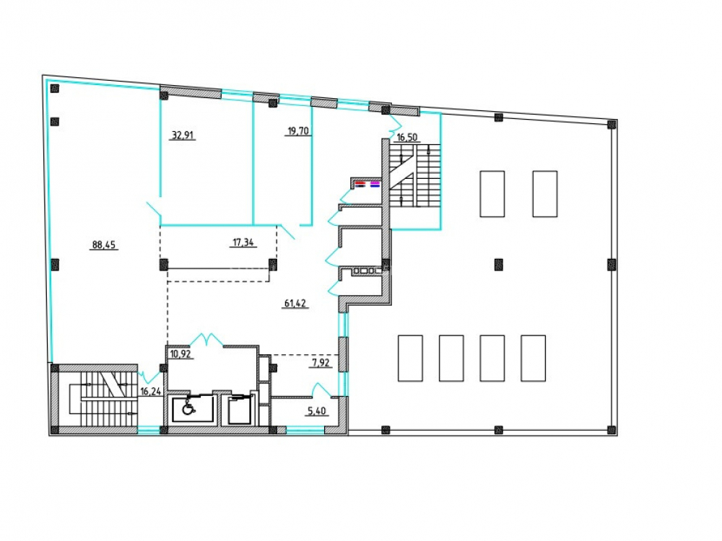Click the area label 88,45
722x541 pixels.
click(x=103, y=245)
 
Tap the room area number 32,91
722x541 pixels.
click(x=183, y=136)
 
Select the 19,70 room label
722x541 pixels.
click(x=298, y=131)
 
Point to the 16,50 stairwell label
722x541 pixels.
click(x=407, y=137)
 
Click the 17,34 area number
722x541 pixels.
click(x=243, y=242)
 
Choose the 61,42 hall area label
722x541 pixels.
click(x=295, y=303)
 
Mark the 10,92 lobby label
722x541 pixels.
click(x=180, y=354)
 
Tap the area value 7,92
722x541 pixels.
click(x=321, y=363)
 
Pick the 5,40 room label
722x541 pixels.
click(x=317, y=411)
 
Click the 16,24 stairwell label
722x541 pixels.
click(x=151, y=392)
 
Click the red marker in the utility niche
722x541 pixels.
click(x=360, y=183)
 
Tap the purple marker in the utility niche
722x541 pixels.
click(x=375, y=183)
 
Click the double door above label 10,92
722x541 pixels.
click(x=206, y=340)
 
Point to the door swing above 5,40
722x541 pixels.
click(x=321, y=390)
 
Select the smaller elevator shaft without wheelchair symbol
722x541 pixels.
click(x=239, y=410)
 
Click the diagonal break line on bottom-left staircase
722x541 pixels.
click(x=114, y=384)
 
